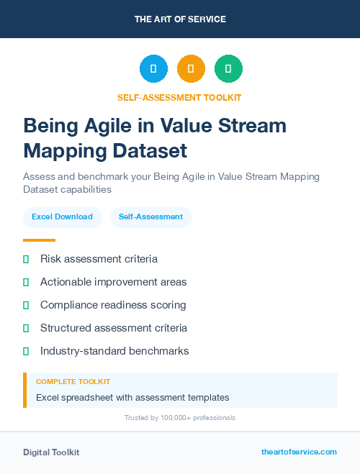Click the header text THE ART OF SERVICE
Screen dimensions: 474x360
180,19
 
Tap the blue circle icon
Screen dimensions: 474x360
153,69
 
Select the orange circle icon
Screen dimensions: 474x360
191,69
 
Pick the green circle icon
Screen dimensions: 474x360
228,69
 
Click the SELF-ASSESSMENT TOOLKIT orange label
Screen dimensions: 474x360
180,97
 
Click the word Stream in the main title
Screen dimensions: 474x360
251,126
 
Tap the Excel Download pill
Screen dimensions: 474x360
62,217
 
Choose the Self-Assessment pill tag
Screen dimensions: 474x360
150,217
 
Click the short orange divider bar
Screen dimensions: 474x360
39,240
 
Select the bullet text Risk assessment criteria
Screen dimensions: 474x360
99,259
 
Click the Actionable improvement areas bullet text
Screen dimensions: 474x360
113,282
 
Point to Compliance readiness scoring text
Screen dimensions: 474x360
113,305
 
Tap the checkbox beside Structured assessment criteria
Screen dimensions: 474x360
26,328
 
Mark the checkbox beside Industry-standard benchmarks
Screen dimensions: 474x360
26,351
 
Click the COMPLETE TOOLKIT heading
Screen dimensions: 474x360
73,382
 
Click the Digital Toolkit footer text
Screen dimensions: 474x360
51,452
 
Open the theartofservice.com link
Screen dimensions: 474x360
299,452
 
